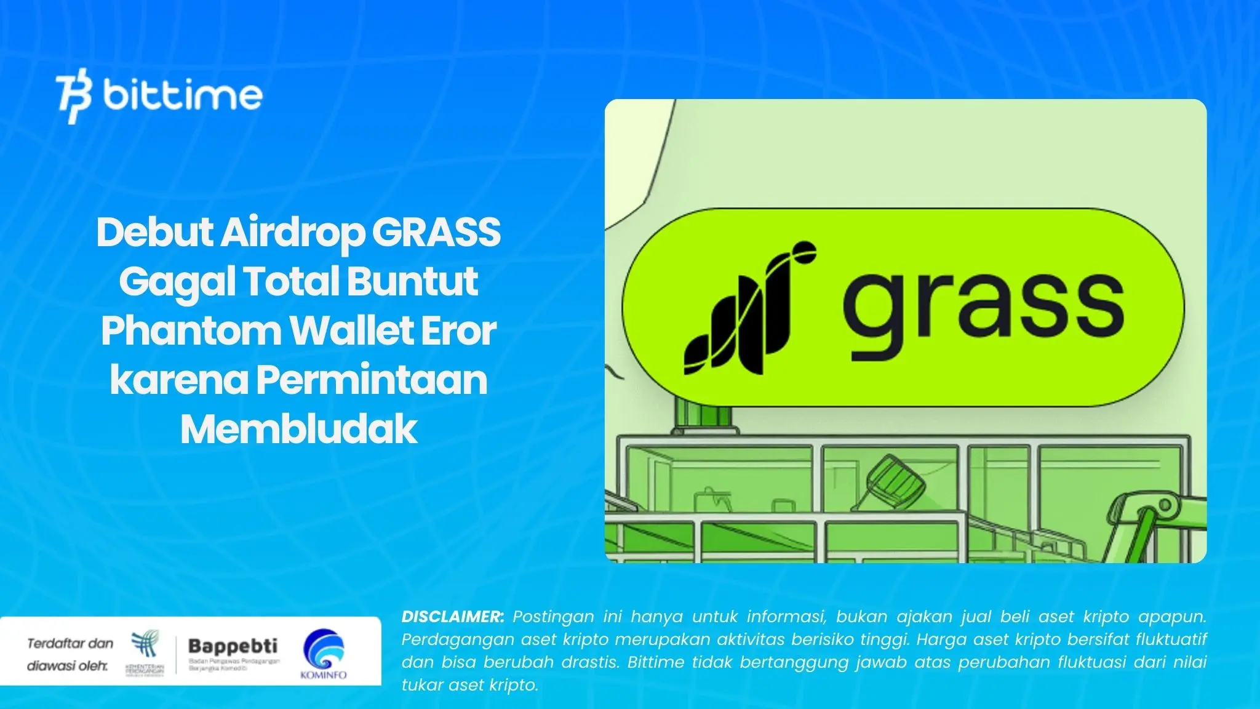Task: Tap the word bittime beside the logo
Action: (x=183, y=95)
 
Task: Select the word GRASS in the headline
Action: (x=436, y=232)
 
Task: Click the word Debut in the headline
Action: (x=154, y=232)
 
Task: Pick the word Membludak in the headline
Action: (x=299, y=429)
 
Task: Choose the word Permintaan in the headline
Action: (x=372, y=380)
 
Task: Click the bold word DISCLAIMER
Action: (x=452, y=616)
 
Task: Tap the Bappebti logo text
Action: (x=233, y=646)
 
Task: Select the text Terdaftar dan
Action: (x=70, y=643)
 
